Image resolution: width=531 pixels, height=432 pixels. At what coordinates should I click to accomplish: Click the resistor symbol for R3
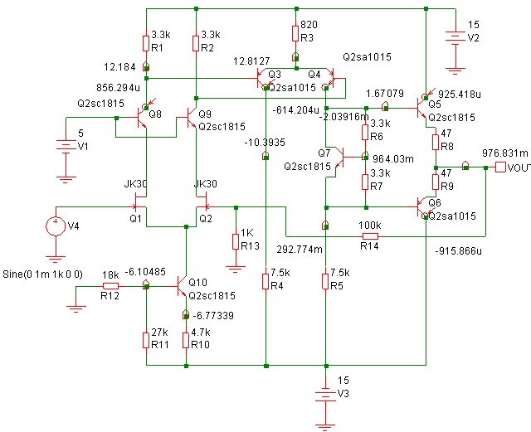pyautogui.click(x=296, y=34)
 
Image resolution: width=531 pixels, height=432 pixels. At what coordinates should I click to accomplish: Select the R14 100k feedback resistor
pyautogui.click(x=370, y=236)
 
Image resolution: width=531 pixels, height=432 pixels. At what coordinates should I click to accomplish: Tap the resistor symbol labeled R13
pyautogui.click(x=236, y=242)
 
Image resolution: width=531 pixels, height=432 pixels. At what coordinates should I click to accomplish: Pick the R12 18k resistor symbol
pyautogui.click(x=110, y=286)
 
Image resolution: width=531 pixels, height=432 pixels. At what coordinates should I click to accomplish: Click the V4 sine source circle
pyautogui.click(x=56, y=226)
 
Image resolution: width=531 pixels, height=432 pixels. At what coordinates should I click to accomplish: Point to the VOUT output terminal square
pyautogui.click(x=500, y=167)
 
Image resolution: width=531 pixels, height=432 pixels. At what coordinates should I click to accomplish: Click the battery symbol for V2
pyautogui.click(x=455, y=37)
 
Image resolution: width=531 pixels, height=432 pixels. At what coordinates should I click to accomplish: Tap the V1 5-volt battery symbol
pyautogui.click(x=66, y=146)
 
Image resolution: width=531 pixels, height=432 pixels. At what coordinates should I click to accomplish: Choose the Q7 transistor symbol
pyautogui.click(x=340, y=158)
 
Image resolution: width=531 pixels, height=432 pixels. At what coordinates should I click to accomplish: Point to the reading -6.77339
pyautogui.click(x=213, y=316)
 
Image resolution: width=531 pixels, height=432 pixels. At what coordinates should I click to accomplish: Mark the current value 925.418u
pyautogui.click(x=460, y=95)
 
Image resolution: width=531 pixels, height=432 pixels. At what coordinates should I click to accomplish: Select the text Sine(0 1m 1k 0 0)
pyautogui.click(x=42, y=274)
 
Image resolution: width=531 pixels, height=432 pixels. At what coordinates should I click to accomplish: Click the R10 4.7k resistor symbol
pyautogui.click(x=186, y=341)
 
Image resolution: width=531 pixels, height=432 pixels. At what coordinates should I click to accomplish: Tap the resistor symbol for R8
pyautogui.click(x=436, y=142)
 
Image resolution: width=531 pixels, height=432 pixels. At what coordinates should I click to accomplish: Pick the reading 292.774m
pyautogui.click(x=300, y=250)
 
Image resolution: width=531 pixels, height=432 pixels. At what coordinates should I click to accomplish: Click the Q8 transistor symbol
pyautogui.click(x=142, y=117)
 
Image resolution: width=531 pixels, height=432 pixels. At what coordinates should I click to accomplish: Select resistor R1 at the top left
pyautogui.click(x=146, y=43)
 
